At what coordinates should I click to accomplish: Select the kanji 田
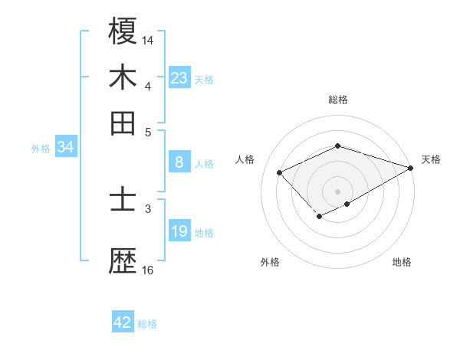[x=123, y=123]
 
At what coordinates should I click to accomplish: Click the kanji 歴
[x=123, y=260]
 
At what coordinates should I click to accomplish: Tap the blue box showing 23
[x=179, y=78]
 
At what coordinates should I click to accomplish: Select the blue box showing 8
[x=179, y=162]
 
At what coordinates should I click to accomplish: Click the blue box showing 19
[x=179, y=231]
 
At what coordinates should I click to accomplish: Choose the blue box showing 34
[x=65, y=148]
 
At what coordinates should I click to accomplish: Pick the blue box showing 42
[x=123, y=322]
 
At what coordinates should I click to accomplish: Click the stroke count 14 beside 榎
[x=148, y=39]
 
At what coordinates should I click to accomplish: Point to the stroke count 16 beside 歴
[x=148, y=270]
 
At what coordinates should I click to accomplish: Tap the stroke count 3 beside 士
[x=148, y=208]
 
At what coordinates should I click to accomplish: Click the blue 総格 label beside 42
[x=147, y=324]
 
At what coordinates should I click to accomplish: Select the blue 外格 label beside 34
[x=41, y=149]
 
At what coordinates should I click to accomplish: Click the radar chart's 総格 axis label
[x=338, y=100]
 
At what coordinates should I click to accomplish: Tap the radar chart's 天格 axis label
[x=431, y=159]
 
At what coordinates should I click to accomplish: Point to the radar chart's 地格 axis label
[x=402, y=262]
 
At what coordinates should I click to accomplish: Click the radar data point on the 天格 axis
[x=412, y=167]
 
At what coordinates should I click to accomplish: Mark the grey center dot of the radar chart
[x=338, y=191]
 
